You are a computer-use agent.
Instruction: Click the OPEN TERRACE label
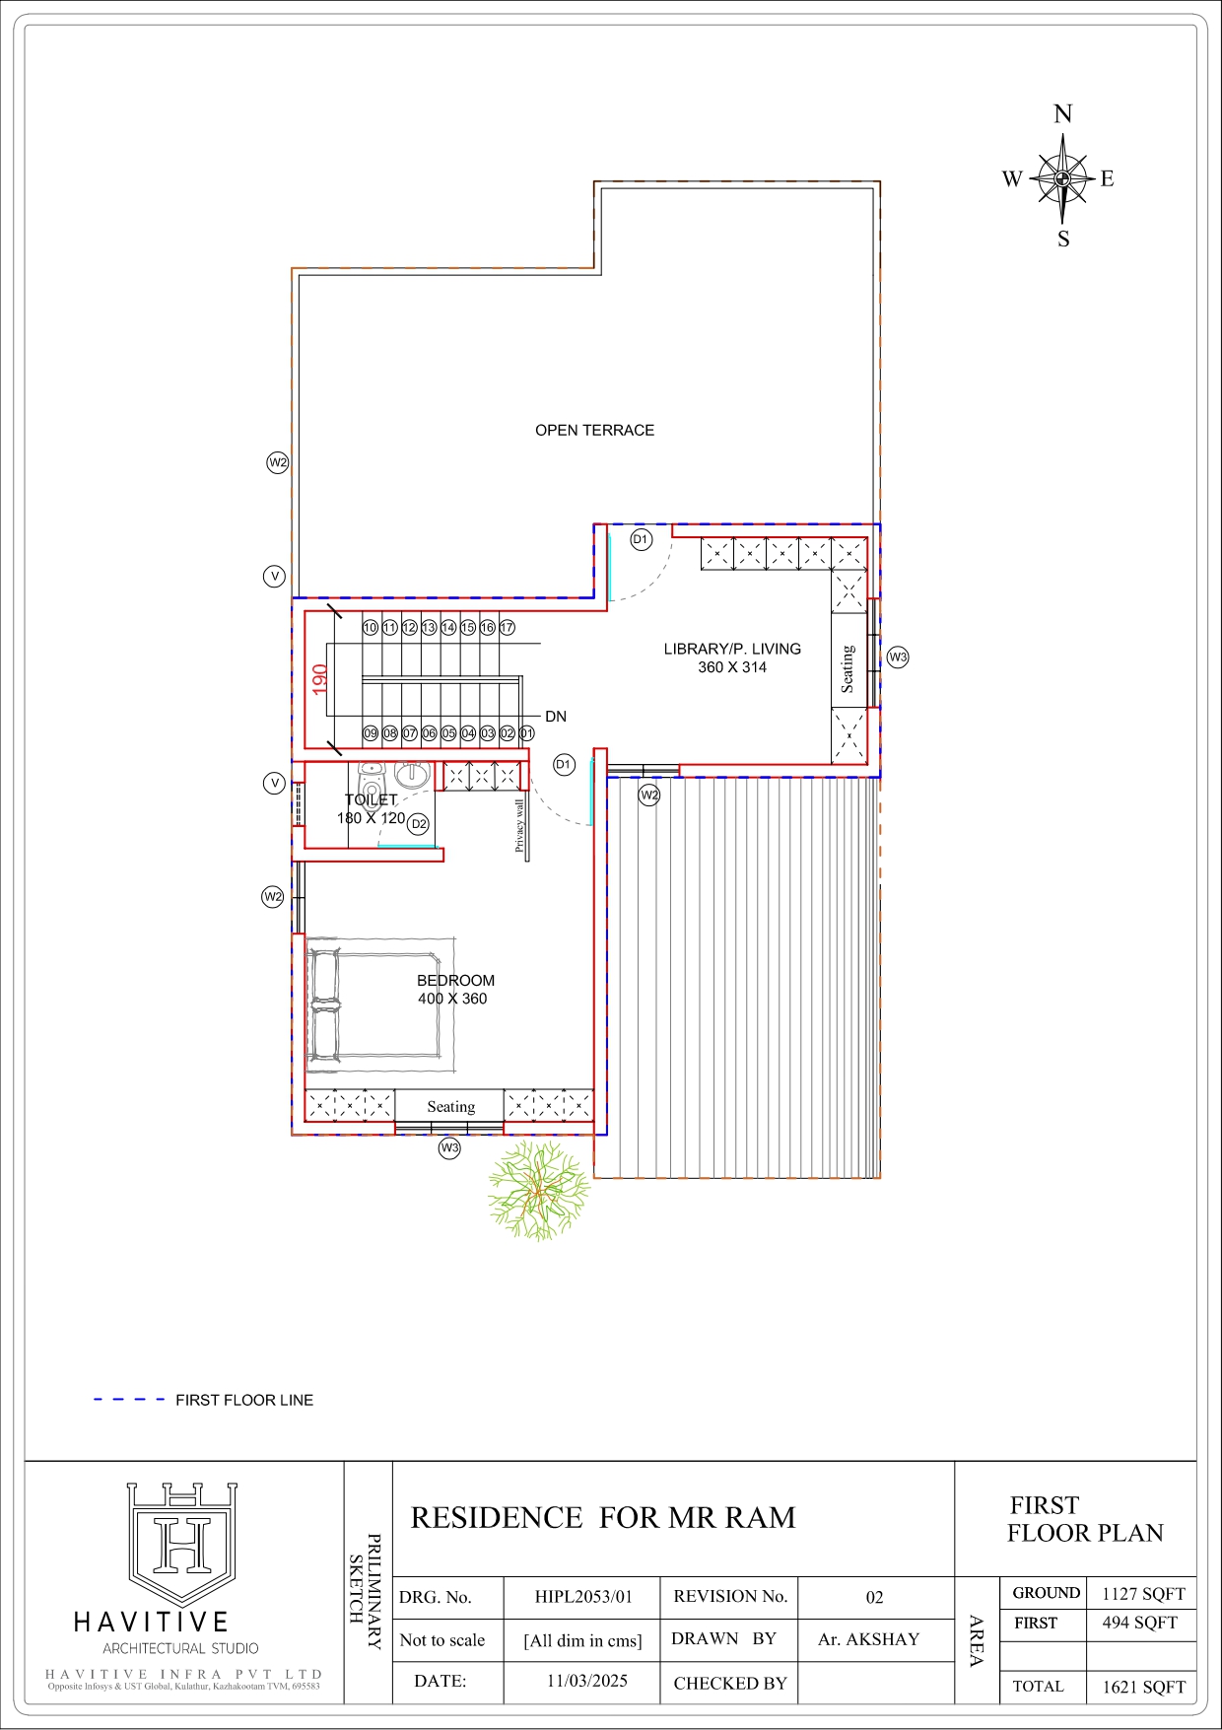pyautogui.click(x=594, y=430)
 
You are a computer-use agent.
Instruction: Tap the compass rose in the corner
pyautogui.click(x=1062, y=177)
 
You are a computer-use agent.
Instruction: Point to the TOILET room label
pyautogui.click(x=371, y=800)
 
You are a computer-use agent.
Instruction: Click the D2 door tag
pyautogui.click(x=419, y=824)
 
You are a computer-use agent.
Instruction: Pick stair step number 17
pyautogui.click(x=507, y=627)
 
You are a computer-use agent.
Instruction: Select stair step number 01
pyautogui.click(x=526, y=733)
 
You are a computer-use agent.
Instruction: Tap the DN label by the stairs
pyautogui.click(x=556, y=717)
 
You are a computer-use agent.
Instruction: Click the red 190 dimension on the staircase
pyautogui.click(x=319, y=679)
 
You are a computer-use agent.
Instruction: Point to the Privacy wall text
pyautogui.click(x=519, y=825)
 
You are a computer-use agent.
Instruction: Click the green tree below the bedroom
pyautogui.click(x=538, y=1190)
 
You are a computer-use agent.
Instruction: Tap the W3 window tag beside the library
pyautogui.click(x=898, y=657)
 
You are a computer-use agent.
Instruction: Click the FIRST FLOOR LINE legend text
pyautogui.click(x=244, y=1400)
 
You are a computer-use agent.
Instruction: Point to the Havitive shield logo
pyautogui.click(x=182, y=1544)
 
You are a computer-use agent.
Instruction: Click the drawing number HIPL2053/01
pyautogui.click(x=583, y=1597)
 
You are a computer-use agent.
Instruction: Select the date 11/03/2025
pyautogui.click(x=587, y=1681)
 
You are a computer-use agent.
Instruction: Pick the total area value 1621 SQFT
pyautogui.click(x=1143, y=1687)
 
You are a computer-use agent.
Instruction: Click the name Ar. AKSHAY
pyautogui.click(x=868, y=1639)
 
